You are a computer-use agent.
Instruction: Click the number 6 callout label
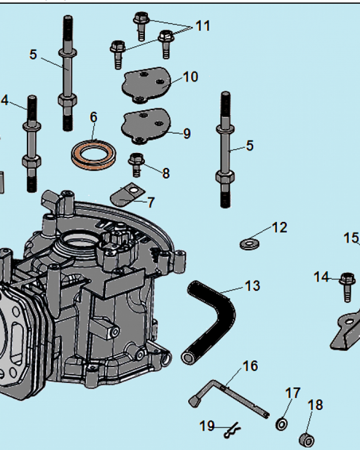(x=93, y=117)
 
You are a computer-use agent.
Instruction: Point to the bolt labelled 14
(x=347, y=285)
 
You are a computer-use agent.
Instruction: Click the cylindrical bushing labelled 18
(x=307, y=438)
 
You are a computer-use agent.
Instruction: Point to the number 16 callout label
(x=251, y=366)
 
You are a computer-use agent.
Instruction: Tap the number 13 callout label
(x=252, y=286)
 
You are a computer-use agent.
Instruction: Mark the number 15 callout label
(x=351, y=238)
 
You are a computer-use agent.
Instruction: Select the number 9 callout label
(x=186, y=134)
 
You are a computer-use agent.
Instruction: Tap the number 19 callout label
(x=207, y=426)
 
